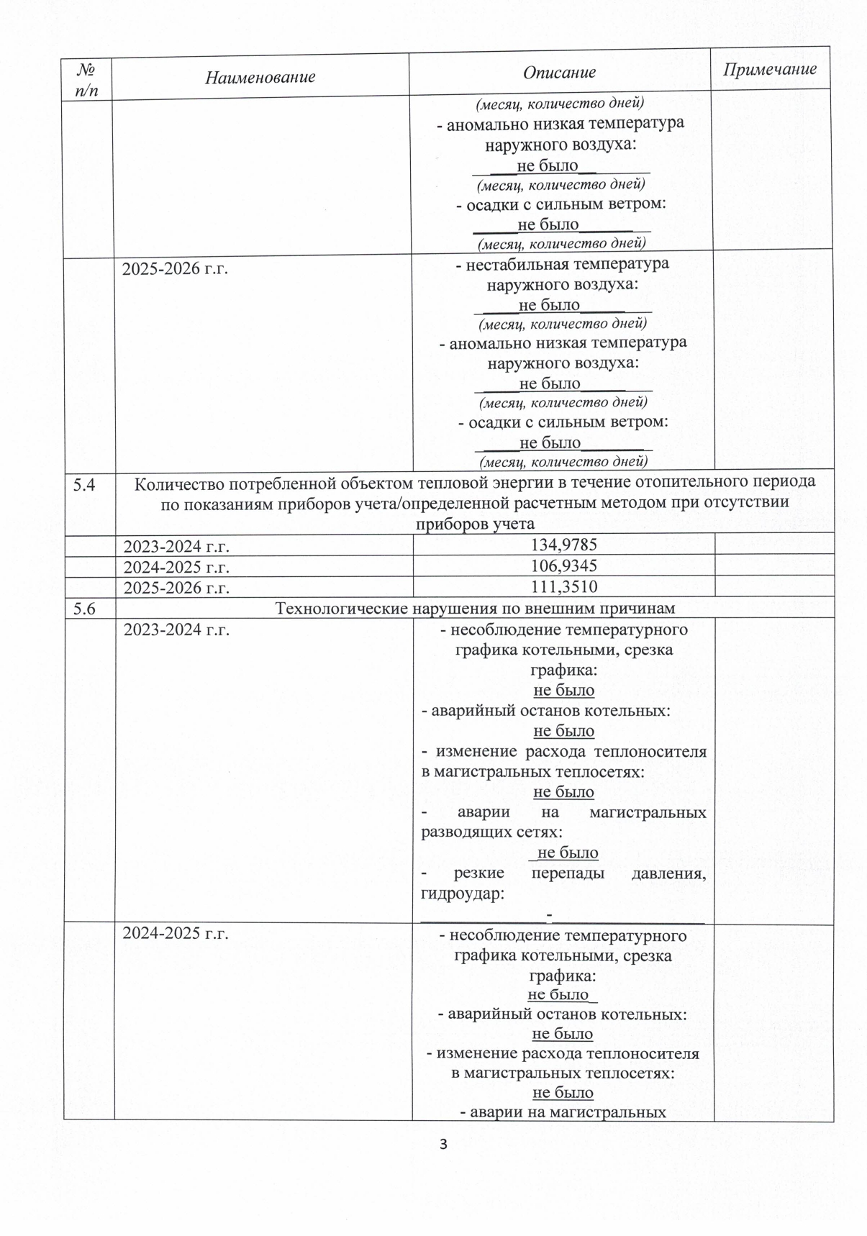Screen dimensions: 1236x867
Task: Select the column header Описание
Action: (559, 73)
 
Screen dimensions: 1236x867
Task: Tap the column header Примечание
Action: (770, 69)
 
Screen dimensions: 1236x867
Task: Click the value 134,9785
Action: (563, 545)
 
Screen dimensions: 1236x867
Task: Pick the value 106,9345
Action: (563, 566)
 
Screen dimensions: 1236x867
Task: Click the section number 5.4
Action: (84, 485)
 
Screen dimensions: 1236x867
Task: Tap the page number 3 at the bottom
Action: (443, 1144)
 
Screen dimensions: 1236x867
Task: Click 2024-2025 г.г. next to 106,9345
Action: (176, 567)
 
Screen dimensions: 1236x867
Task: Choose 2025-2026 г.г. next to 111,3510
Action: (176, 588)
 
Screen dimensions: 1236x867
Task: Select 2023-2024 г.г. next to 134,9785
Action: (176, 546)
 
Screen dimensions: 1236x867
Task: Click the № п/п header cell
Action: (86, 78)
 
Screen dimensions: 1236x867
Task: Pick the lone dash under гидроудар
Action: (550, 914)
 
